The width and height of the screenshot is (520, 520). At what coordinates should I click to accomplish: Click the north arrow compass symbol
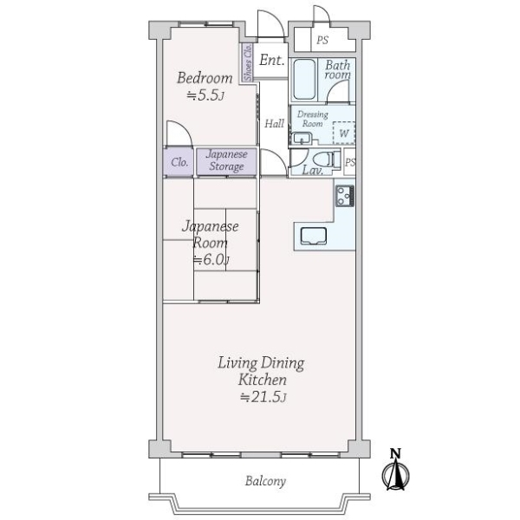click(395, 470)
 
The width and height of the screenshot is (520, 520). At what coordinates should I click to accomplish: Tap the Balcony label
click(265, 481)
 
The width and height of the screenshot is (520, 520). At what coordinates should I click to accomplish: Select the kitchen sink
click(314, 236)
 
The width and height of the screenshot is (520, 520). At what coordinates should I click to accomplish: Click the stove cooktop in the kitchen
click(345, 196)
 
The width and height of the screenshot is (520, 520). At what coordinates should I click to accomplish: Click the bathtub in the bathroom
click(304, 80)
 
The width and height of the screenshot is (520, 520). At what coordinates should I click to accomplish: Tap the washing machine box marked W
click(344, 133)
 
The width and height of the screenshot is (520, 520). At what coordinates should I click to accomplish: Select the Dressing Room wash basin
click(302, 139)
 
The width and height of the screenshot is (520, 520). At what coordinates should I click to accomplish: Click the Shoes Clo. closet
click(247, 62)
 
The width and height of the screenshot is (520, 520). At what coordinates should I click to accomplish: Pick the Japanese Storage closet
click(226, 161)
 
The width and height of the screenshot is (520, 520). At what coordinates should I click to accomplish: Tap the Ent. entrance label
click(272, 60)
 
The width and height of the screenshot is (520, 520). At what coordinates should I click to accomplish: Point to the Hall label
click(274, 124)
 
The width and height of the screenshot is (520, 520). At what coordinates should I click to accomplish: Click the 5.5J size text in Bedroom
click(205, 95)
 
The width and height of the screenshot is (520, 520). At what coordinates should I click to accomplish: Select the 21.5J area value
click(263, 397)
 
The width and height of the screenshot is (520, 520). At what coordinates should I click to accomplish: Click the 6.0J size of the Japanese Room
click(211, 260)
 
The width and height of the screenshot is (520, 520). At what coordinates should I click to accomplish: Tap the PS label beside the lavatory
click(350, 163)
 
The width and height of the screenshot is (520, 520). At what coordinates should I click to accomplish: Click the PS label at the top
click(322, 40)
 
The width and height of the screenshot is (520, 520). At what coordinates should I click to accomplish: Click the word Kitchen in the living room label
click(262, 380)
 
